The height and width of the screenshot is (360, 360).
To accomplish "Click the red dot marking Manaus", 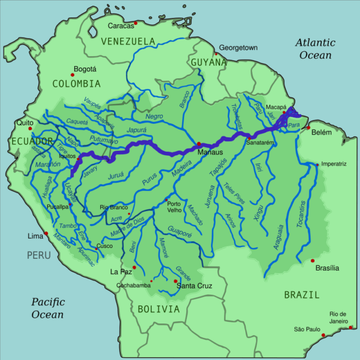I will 199,144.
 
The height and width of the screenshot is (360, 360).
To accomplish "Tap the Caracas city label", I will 121,25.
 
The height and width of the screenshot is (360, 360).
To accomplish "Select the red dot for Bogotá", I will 73,74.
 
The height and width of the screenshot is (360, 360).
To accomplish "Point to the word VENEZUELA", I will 128,41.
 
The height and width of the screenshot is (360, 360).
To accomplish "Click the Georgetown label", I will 238,48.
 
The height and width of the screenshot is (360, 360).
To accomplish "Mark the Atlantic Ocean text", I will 316,49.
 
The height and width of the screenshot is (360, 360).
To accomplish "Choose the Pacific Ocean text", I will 48,308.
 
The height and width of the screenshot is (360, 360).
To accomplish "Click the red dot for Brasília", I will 313,260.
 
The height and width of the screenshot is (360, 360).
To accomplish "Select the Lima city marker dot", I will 47,233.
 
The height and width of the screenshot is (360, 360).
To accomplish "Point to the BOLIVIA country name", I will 159,309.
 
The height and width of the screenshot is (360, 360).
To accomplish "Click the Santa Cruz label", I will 194,287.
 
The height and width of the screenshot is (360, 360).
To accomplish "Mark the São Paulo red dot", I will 323,335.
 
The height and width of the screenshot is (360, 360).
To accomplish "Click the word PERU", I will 39,255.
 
